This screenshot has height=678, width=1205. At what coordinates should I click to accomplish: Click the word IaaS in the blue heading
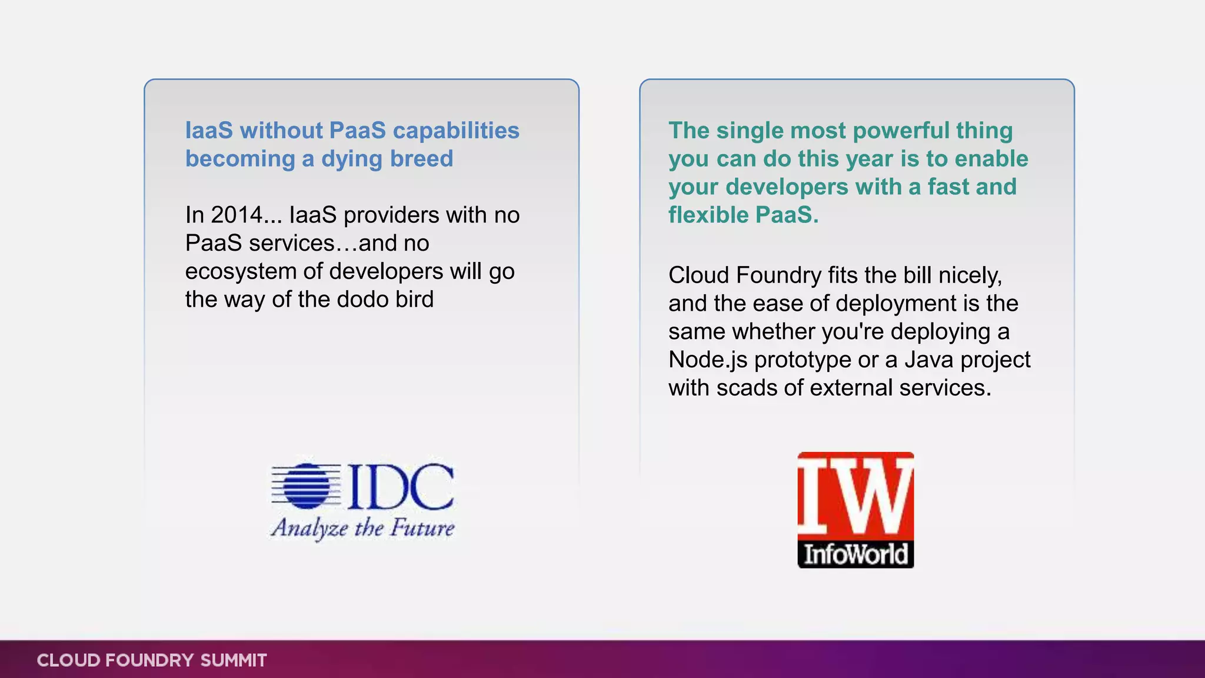click(209, 131)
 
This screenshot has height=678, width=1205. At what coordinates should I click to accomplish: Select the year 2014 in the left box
click(237, 215)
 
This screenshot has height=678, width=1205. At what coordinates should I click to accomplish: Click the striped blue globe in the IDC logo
click(306, 486)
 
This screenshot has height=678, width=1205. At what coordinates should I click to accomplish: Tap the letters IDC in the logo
click(401, 487)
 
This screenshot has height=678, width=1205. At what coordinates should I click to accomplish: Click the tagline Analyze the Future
click(362, 528)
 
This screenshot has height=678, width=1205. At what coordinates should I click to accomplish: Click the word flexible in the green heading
click(708, 215)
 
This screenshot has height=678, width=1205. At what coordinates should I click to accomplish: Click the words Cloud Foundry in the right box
click(745, 275)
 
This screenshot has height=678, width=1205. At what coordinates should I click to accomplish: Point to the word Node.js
click(708, 360)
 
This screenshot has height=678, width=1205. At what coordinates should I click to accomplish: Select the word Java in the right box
click(929, 360)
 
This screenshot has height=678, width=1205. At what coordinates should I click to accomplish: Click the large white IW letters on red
click(856, 496)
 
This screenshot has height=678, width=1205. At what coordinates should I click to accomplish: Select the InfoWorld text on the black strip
click(856, 554)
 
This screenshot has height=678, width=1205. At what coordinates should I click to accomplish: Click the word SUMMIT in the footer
click(234, 660)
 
